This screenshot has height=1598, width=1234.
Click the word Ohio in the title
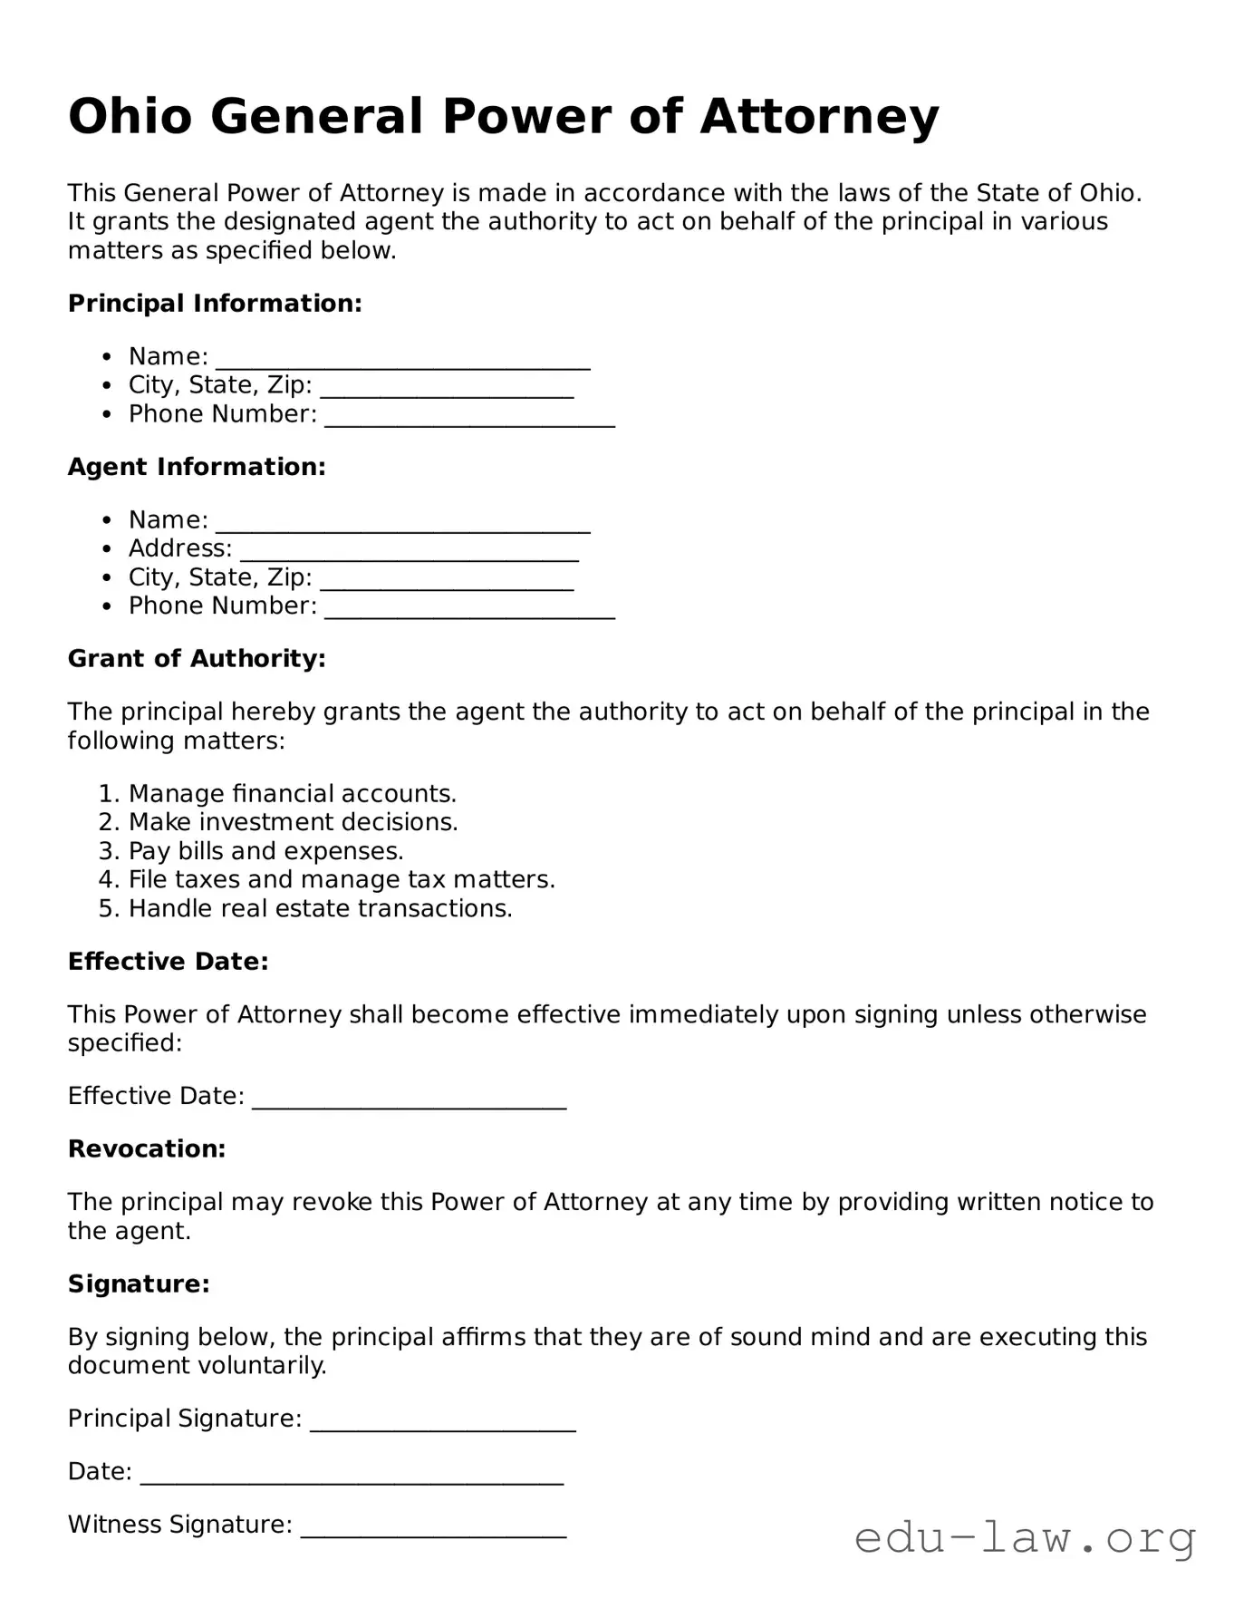pos(130,117)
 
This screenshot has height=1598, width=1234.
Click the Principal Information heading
pos(215,304)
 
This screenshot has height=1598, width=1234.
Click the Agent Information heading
pos(197,467)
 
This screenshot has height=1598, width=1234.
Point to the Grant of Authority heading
pos(197,659)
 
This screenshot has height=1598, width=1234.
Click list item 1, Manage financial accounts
pos(292,794)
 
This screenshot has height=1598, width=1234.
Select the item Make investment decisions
pos(293,822)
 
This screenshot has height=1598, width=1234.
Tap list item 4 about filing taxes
pos(342,880)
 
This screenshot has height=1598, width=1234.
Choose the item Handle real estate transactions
pos(320,909)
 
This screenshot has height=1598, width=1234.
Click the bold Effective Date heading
pos(169,962)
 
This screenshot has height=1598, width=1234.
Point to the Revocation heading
pos(147,1149)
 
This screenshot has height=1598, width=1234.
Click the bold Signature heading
pos(139,1284)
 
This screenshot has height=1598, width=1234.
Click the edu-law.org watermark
pos(1025,1538)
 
